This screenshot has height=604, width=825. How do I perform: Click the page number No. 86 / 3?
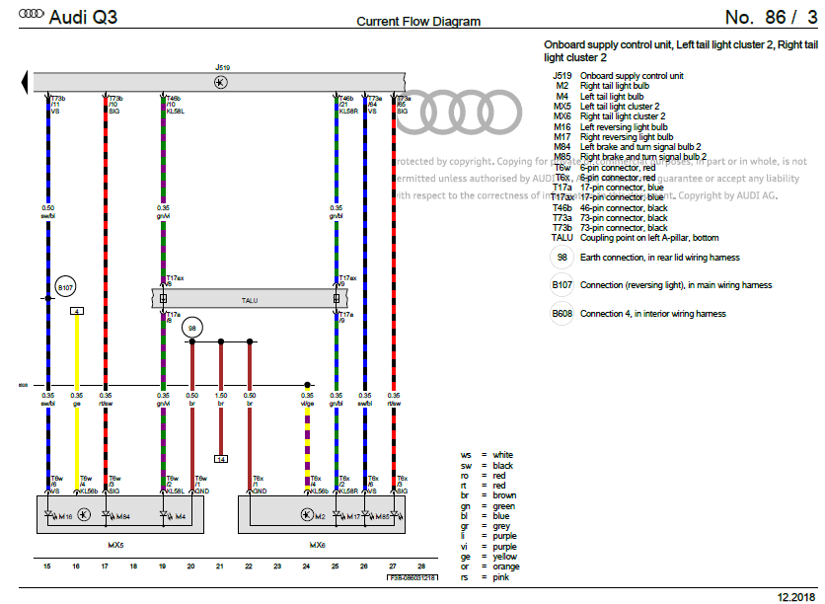point(770,17)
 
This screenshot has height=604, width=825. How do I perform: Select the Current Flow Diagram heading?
point(418,21)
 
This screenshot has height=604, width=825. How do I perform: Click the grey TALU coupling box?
point(249,299)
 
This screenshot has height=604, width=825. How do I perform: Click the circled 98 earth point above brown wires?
point(192,326)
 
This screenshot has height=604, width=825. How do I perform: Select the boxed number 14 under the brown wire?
point(221,459)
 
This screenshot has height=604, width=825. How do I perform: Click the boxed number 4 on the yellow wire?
point(77,311)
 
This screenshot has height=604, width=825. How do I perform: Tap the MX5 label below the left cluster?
point(115,544)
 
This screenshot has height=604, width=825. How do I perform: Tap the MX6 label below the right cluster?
point(317,544)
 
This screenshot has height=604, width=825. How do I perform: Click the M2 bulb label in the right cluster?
point(319,515)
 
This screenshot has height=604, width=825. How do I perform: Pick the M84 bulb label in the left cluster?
point(122,515)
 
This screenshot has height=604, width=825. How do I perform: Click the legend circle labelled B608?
point(562,314)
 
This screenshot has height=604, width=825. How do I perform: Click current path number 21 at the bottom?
point(220,566)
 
